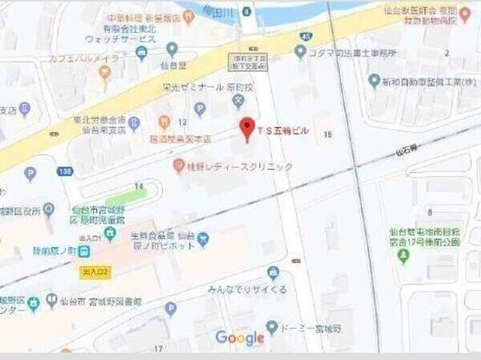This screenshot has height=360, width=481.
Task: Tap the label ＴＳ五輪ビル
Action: click(282, 130)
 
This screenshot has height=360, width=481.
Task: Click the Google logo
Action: click(240, 338)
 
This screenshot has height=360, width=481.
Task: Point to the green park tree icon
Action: click(403, 257)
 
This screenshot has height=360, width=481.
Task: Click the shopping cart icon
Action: click(203, 238)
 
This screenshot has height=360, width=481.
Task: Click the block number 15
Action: click(326, 135)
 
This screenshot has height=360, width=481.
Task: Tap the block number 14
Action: click(139, 186)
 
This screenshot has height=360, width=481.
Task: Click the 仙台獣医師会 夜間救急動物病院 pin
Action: click(465, 13)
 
